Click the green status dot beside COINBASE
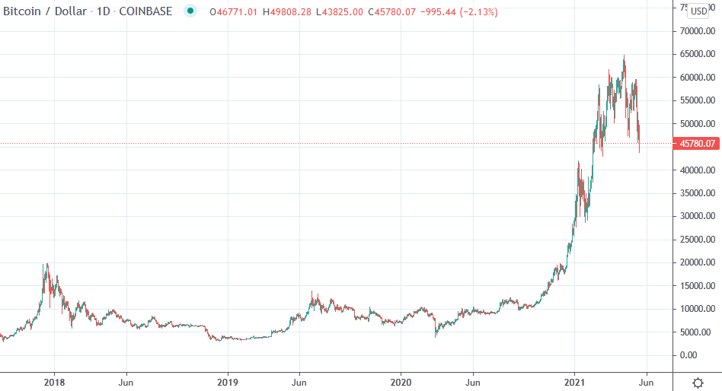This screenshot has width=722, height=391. [x=190, y=11]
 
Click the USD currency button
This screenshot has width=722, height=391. [x=698, y=11]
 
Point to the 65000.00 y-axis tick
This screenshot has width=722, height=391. [x=697, y=55]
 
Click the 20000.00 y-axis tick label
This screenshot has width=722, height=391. [x=697, y=262]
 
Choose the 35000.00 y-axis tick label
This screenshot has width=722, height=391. [x=697, y=193]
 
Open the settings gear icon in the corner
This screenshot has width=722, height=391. [x=697, y=382]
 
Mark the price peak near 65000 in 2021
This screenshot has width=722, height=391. [x=625, y=56]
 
